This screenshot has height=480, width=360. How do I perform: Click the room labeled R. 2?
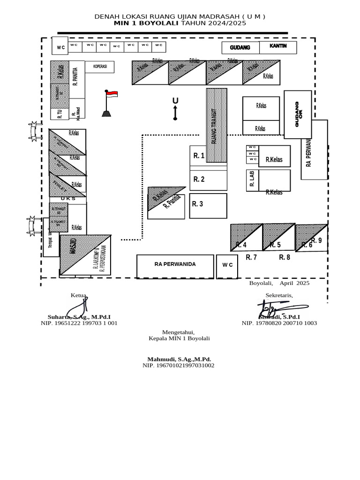[x=208, y=180]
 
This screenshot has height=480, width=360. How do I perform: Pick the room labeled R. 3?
[x=208, y=205]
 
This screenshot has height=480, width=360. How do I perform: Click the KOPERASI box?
[x=100, y=67]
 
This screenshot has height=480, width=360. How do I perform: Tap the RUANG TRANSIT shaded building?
[x=217, y=125]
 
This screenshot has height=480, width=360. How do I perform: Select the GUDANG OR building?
[x=298, y=114]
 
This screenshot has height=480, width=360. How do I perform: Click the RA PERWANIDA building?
[x=175, y=265]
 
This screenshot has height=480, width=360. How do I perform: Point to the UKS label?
[x=68, y=199]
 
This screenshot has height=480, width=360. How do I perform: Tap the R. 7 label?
[x=251, y=257]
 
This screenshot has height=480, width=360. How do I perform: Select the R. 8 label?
[x=285, y=257]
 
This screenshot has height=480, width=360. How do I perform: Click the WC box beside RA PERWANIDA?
[x=227, y=266]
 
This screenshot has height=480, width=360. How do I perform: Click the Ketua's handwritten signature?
[x=78, y=307]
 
